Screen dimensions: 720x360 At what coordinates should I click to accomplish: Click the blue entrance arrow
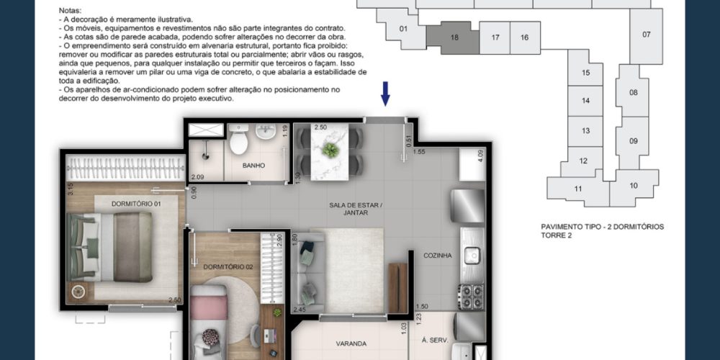(x=385, y=93)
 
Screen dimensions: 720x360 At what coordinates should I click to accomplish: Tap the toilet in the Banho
(x=239, y=139)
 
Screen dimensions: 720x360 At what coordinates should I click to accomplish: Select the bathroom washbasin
(x=266, y=131)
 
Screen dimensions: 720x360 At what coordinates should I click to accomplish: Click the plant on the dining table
(x=330, y=150)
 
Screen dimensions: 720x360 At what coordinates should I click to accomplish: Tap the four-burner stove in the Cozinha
(x=471, y=297)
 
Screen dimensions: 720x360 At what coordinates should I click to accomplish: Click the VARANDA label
(x=351, y=343)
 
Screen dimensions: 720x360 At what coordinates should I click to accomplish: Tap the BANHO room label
(x=254, y=166)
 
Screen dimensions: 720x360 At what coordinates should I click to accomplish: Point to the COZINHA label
(x=438, y=256)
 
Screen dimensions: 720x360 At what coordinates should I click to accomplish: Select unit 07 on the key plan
(x=646, y=35)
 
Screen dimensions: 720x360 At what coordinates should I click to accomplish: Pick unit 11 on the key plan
(x=578, y=189)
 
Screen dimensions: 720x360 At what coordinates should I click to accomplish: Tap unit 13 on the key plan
(x=585, y=131)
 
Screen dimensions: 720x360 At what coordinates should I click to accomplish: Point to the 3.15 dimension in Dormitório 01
(x=71, y=189)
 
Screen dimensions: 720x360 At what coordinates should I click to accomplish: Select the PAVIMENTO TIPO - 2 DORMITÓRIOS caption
(x=602, y=227)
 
